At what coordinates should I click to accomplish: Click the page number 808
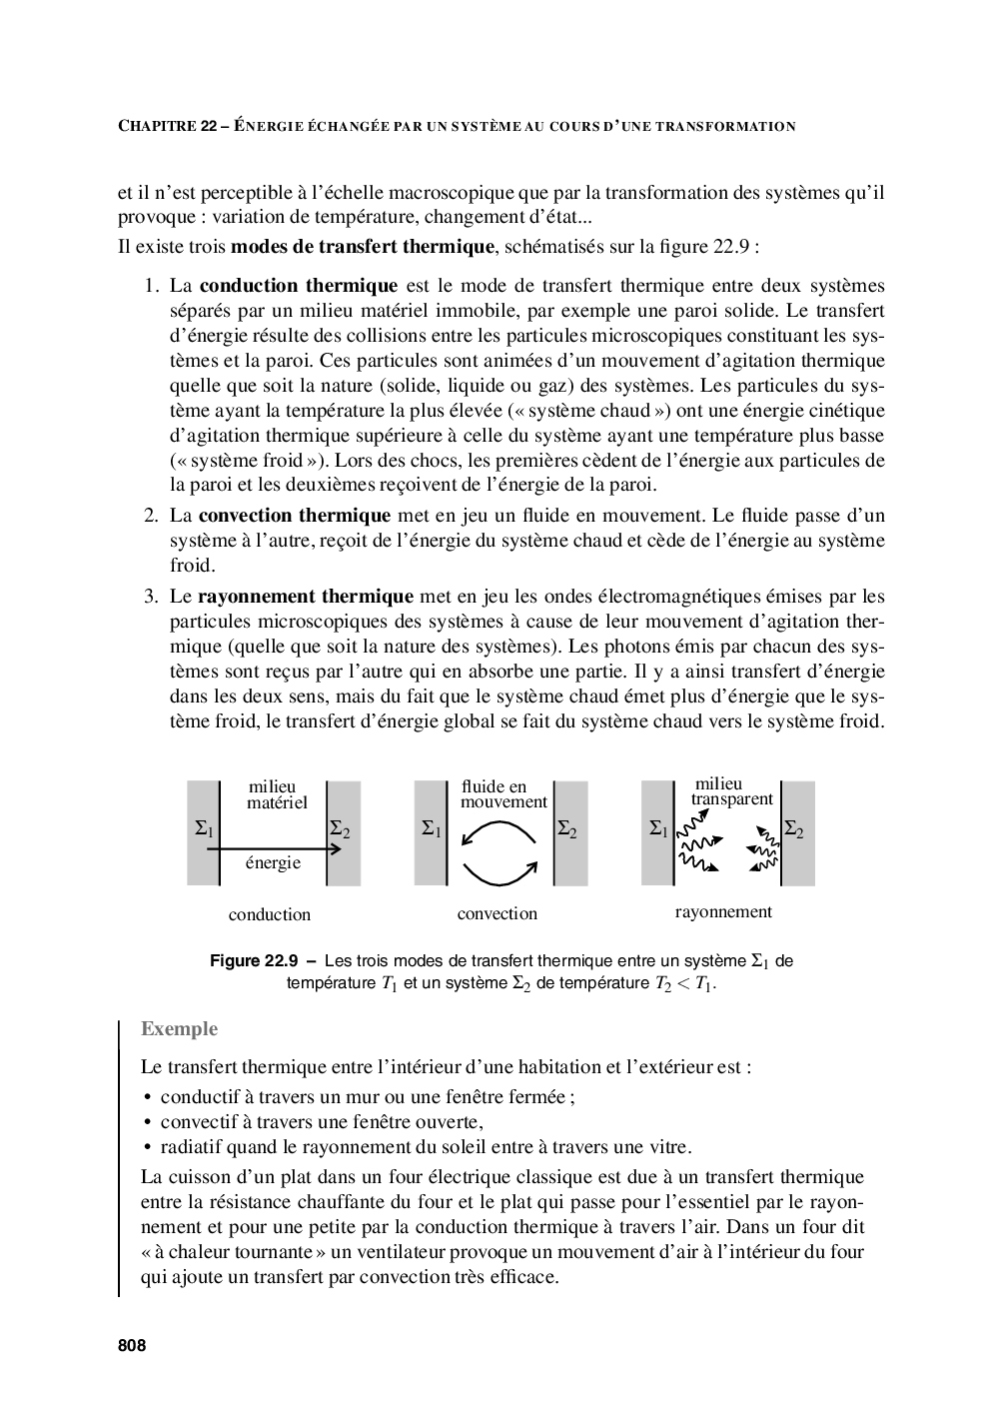pyautogui.click(x=132, y=1346)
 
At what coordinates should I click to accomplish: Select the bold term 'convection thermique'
pyautogui.click(x=294, y=516)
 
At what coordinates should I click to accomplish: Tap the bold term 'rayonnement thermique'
pyautogui.click(x=305, y=597)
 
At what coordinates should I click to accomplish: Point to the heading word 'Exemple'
pyautogui.click(x=179, y=1029)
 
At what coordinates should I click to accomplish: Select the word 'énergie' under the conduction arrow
pyautogui.click(x=273, y=863)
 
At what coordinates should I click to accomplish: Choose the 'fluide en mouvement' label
pyautogui.click(x=503, y=794)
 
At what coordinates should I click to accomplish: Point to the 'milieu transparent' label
pyautogui.click(x=731, y=791)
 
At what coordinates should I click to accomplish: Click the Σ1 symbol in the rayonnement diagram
pyautogui.click(x=658, y=828)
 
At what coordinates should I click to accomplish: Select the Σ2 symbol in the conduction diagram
pyautogui.click(x=340, y=829)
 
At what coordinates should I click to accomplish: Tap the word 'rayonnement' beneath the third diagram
pyautogui.click(x=723, y=911)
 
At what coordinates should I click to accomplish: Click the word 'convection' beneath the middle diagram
pyautogui.click(x=497, y=913)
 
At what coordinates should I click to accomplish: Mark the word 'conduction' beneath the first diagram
pyautogui.click(x=269, y=914)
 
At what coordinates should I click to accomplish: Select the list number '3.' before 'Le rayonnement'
pyautogui.click(x=151, y=597)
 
